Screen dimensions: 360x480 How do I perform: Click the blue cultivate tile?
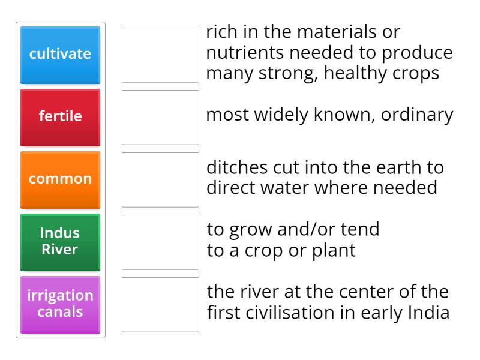click(60, 55)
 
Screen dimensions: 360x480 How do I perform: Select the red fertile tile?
click(60, 117)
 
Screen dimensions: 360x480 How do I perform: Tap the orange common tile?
click(60, 179)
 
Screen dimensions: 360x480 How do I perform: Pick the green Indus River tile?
click(60, 242)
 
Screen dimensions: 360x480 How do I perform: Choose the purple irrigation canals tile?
click(60, 304)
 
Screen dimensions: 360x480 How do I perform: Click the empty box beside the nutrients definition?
click(160, 55)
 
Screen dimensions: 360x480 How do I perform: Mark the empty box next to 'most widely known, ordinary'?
click(160, 117)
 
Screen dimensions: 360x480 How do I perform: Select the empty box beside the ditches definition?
click(160, 179)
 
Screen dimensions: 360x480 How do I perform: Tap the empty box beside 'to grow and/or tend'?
click(160, 242)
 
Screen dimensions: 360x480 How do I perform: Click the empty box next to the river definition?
click(160, 304)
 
